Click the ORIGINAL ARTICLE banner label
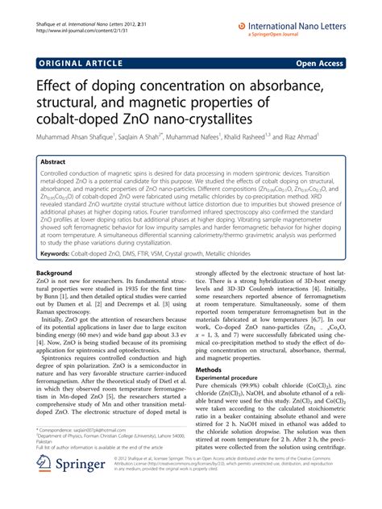point(73,60)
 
